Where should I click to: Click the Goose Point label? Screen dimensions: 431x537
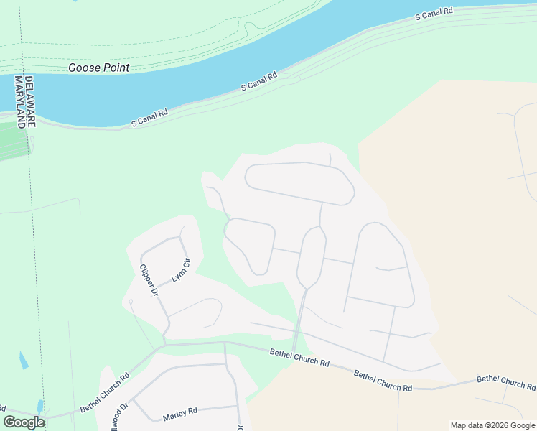click(x=99, y=68)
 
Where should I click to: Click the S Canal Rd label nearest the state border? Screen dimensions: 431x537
click(x=149, y=118)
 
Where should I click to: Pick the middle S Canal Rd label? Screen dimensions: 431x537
click(x=258, y=81)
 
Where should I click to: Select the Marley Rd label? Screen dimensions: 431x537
click(x=179, y=414)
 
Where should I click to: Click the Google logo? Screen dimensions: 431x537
click(x=24, y=422)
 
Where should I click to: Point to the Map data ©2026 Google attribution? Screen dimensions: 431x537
click(x=492, y=425)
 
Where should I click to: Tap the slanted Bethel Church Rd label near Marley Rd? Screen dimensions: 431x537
click(x=105, y=392)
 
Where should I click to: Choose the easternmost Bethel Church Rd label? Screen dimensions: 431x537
click(x=506, y=383)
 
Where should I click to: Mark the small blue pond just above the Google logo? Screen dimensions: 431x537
click(x=40, y=407)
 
